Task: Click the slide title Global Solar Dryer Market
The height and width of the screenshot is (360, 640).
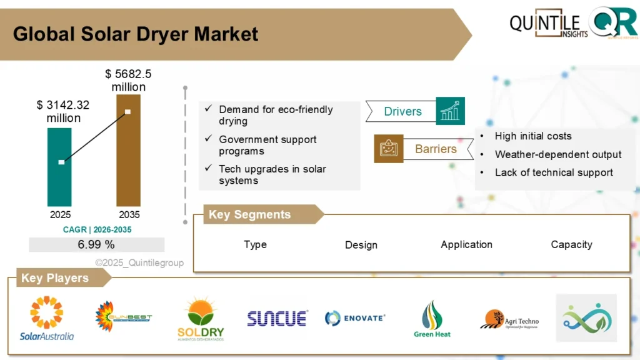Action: point(136,34)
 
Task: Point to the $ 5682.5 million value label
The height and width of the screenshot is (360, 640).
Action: point(128,81)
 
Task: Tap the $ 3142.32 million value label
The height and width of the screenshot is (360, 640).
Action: point(62,111)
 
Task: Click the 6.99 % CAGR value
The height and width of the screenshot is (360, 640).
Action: point(96,244)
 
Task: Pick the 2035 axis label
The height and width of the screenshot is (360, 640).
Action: point(128,214)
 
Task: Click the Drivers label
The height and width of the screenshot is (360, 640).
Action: point(402,112)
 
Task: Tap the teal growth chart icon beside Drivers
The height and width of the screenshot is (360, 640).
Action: point(450,111)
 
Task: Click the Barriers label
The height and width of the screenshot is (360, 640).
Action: point(436,149)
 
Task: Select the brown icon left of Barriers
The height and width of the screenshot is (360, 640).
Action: point(388,149)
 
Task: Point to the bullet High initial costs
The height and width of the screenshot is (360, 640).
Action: point(532,136)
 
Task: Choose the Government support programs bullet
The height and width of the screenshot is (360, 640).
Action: point(267,145)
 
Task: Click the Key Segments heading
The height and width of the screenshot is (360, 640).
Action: point(249,214)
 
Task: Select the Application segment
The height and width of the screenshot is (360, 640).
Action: point(466,244)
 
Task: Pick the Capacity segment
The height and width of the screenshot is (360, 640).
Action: point(571,244)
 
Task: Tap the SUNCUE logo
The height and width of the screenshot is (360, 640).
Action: point(277,318)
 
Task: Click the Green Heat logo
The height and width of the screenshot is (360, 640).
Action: point(432,319)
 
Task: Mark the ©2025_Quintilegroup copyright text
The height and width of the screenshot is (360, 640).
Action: point(139,263)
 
